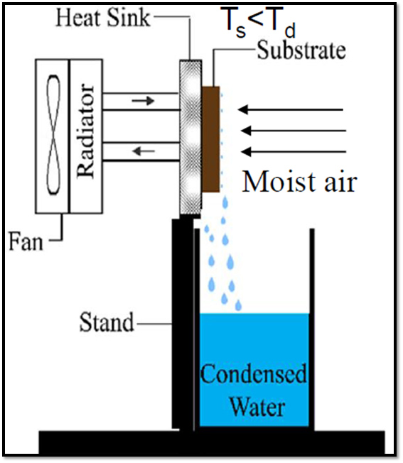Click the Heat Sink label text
coord(103,18)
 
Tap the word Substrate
coord(301,50)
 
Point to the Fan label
coord(26,241)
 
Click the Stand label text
coord(107,322)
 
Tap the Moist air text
coord(300,182)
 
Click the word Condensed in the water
coord(254,374)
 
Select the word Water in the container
coord(257,407)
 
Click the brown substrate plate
coord(210,139)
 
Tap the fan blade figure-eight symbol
coord(53,135)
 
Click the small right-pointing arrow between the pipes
coord(143,101)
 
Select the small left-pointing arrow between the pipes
coord(144,151)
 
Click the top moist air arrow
coord(291,110)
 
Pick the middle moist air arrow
coord(294,131)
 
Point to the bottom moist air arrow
coord(294,152)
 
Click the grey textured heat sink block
coord(191,137)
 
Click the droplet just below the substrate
coord(225,202)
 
